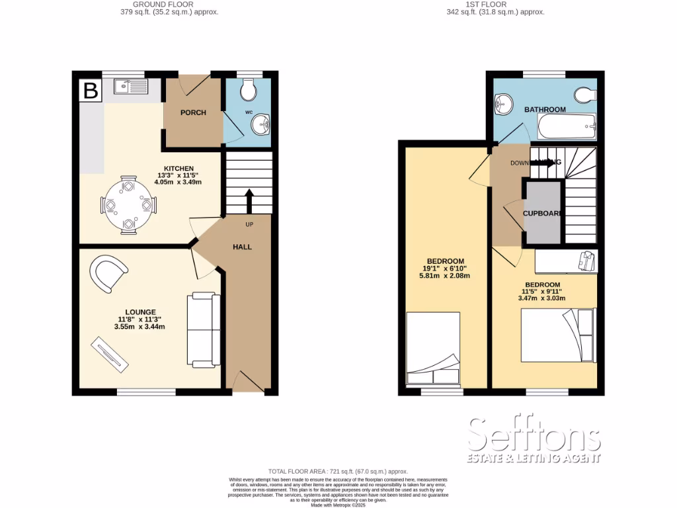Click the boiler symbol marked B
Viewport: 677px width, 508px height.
(x=90, y=91)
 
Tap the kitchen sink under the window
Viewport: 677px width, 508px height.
(x=130, y=87)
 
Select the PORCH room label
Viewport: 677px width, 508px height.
(x=193, y=112)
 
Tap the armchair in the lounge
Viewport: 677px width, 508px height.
(x=110, y=273)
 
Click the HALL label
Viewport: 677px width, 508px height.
(x=242, y=247)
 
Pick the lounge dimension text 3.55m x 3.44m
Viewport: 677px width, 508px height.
(x=139, y=326)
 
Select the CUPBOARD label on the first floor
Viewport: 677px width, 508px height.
(x=543, y=214)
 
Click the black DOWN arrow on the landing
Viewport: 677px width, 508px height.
(x=542, y=162)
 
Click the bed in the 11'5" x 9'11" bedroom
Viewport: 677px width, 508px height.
(x=558, y=336)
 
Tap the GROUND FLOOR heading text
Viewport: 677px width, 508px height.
(x=163, y=4)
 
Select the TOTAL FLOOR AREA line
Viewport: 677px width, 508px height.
(x=338, y=470)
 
